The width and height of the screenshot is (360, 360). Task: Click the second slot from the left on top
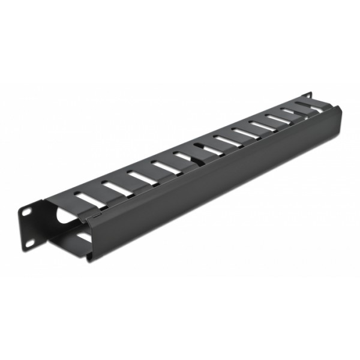tap(115, 187)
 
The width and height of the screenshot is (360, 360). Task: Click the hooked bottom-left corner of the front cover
tap(89, 257)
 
